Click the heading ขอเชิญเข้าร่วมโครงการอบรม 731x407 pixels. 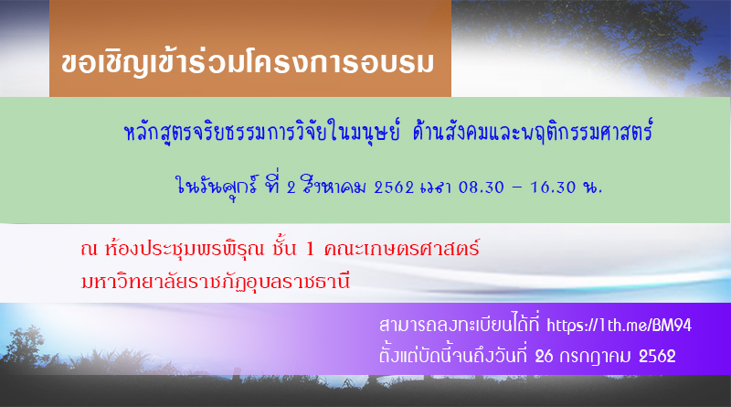pos(248,63)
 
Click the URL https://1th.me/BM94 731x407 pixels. pos(619,326)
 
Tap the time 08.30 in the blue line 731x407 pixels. pos(482,187)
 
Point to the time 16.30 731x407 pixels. pos(553,187)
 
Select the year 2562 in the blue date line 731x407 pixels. pos(394,187)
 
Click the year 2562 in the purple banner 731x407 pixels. pos(657,357)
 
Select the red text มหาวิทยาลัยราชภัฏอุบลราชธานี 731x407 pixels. pos(216,282)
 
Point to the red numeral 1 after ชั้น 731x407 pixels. pos(310,250)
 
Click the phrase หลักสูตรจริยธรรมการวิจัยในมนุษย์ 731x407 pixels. pos(262,132)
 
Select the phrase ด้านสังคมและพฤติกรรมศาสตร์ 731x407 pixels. pos(533,131)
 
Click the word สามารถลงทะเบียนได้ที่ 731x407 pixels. pos(460,325)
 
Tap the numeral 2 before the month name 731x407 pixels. pos(291,187)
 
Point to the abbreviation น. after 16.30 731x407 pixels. pos(592,187)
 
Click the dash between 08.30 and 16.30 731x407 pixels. pos(517,187)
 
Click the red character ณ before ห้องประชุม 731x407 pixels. pos(89,250)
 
